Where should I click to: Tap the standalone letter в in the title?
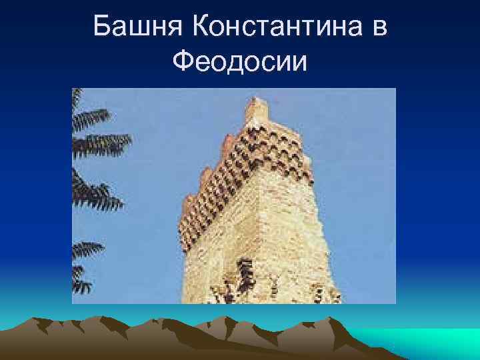380,28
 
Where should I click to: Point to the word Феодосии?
240,63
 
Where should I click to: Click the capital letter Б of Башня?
102,28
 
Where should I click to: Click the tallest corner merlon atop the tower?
257,109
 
